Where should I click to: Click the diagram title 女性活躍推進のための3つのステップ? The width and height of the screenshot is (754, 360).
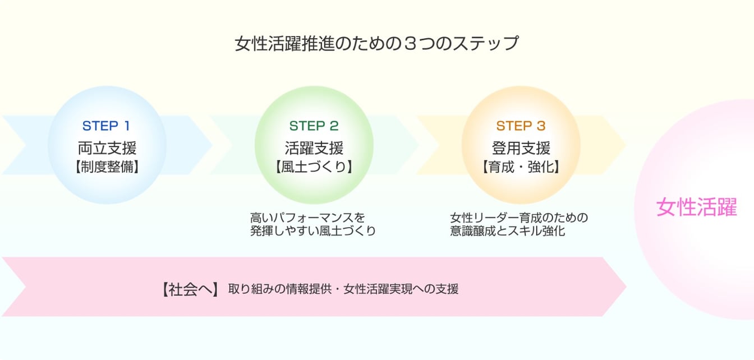click(x=376, y=44)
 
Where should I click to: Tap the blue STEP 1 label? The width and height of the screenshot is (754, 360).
click(x=107, y=126)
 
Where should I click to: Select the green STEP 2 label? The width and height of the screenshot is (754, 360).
click(x=314, y=126)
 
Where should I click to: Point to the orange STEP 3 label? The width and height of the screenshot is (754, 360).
click(x=521, y=126)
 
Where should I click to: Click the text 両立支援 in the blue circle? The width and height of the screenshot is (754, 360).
click(x=107, y=148)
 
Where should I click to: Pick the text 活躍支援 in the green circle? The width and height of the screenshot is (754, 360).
click(x=314, y=148)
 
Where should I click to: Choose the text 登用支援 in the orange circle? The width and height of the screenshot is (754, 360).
click(x=521, y=148)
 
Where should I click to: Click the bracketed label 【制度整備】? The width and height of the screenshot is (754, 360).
click(x=107, y=167)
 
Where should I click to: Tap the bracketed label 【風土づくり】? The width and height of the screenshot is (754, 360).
click(x=314, y=167)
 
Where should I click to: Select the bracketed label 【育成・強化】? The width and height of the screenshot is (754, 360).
click(x=521, y=167)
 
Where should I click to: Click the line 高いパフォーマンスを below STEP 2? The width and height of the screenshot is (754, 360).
click(x=307, y=218)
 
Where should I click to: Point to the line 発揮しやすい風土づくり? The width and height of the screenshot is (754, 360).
click(x=313, y=231)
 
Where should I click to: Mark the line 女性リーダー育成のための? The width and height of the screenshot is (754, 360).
click(x=519, y=218)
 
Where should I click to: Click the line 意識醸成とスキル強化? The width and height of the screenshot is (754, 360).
click(x=507, y=231)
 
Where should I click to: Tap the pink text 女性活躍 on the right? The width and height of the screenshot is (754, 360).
click(x=696, y=208)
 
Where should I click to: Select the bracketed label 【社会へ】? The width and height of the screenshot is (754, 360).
click(x=189, y=289)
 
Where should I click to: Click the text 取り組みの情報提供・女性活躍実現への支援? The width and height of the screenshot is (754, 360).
click(x=343, y=290)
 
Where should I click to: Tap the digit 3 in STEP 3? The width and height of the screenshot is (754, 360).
click(x=541, y=126)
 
